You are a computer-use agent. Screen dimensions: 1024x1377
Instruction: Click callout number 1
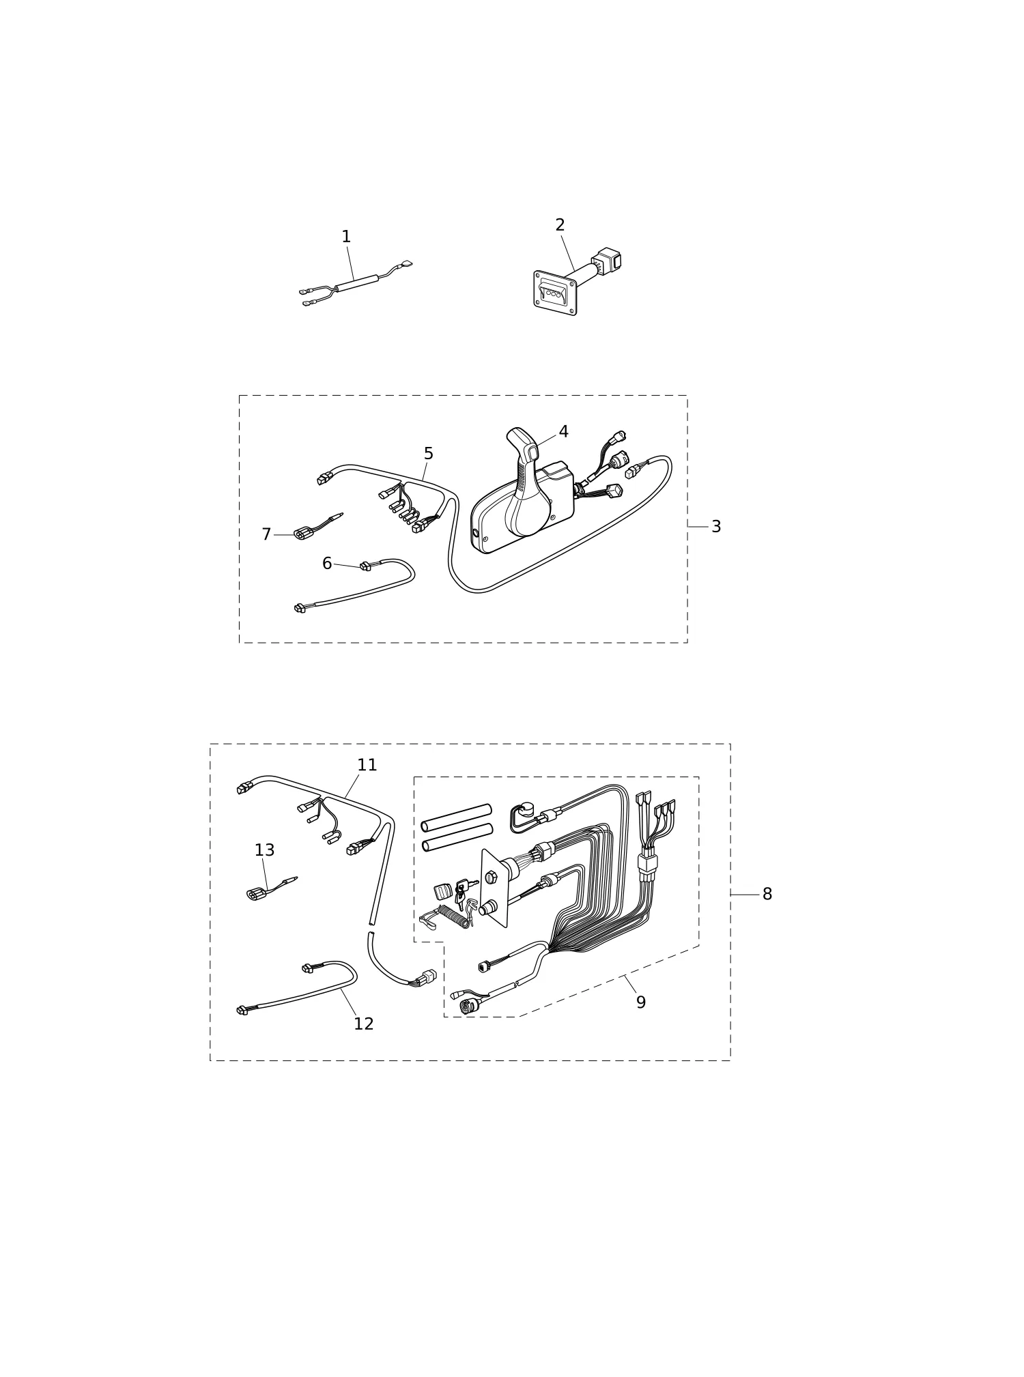pos(346,237)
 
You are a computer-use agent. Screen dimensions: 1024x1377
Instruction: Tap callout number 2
pos(560,225)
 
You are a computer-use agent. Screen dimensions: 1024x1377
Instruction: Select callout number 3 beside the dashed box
pos(716,527)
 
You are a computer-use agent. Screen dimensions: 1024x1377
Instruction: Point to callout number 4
pos(563,432)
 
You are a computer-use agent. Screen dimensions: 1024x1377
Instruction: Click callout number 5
pos(428,454)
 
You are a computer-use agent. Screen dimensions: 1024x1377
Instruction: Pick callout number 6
pos(327,564)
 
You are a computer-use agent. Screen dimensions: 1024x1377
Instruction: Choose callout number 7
pos(266,534)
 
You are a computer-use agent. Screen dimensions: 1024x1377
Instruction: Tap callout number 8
pos(767,894)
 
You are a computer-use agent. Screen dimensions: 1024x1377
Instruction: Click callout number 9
pos(641,1002)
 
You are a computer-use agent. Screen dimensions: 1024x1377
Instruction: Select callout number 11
pos(367,765)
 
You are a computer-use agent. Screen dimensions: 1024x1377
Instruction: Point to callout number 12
pos(364,1024)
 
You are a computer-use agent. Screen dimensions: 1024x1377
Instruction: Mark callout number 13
pos(264,850)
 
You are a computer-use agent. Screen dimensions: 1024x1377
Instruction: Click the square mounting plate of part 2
pos(555,293)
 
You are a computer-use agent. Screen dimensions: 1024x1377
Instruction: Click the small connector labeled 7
pos(303,534)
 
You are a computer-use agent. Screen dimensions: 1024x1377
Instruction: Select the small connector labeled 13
pos(256,895)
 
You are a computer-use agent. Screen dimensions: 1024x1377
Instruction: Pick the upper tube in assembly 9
pos(456,817)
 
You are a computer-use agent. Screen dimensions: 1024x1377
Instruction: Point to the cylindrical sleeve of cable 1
pos(356,283)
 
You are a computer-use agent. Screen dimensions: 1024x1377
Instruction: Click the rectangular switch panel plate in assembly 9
pos(495,888)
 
